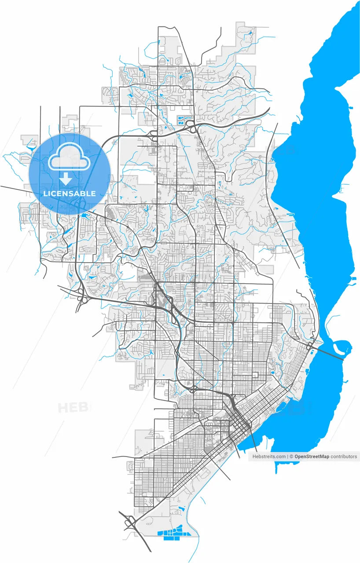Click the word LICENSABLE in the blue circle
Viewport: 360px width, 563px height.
[x=70, y=194]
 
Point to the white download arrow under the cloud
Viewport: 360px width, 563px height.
[x=66, y=178]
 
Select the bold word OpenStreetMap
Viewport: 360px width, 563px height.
[x=312, y=457]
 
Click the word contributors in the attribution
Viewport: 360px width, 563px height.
[x=344, y=457]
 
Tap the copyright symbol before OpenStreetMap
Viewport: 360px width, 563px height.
[x=292, y=457]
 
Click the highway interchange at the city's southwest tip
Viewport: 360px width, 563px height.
[x=130, y=523]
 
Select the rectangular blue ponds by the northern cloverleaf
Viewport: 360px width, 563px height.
[x=182, y=119]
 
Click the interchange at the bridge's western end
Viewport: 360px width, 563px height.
[x=311, y=345]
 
